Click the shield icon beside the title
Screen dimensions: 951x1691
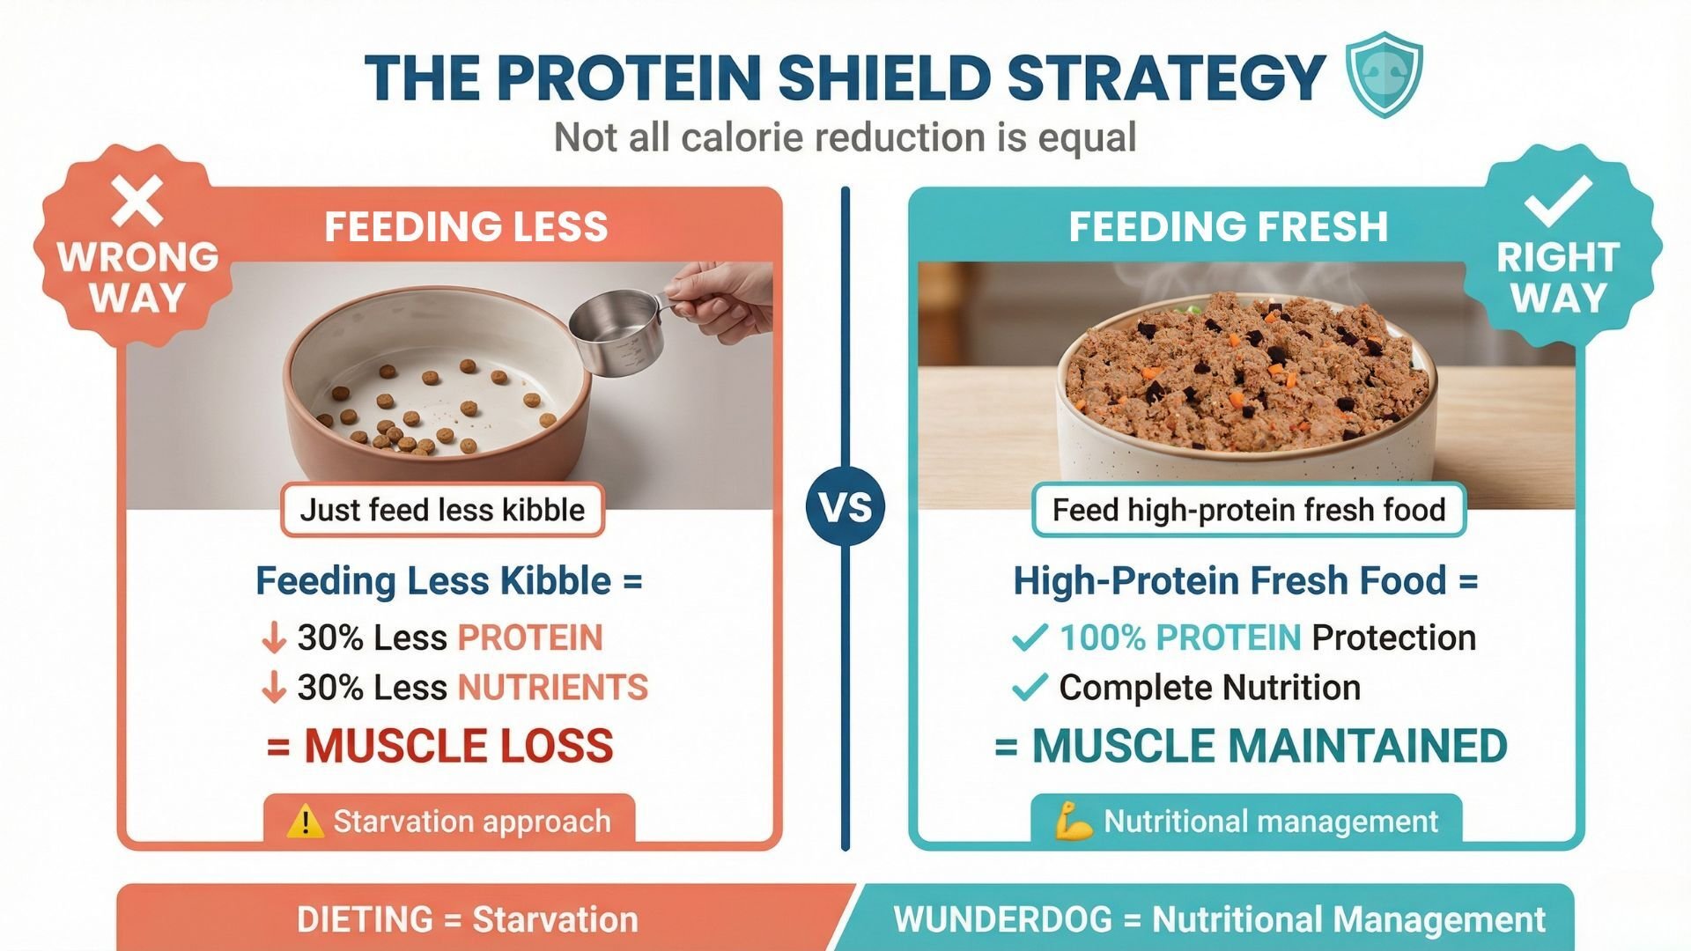click(x=1385, y=75)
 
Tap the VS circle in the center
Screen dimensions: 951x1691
click(x=845, y=507)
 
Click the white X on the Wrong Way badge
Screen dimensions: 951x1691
click(x=137, y=202)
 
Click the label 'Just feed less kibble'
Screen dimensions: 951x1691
click(x=442, y=510)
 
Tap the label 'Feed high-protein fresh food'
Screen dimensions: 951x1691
click(x=1248, y=510)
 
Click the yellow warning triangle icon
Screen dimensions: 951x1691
click(x=305, y=822)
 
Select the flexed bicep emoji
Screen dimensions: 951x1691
click(x=1074, y=822)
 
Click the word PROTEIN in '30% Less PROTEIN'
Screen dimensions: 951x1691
click(x=530, y=638)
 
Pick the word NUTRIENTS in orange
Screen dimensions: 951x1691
click(x=553, y=688)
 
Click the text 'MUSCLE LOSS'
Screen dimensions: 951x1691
click(x=458, y=747)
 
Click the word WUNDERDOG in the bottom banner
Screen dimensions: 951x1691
click(x=1002, y=919)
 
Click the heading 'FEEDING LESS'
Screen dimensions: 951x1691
click(x=466, y=227)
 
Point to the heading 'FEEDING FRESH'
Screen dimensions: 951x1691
click(x=1228, y=227)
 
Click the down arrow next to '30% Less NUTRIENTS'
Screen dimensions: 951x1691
click(x=274, y=688)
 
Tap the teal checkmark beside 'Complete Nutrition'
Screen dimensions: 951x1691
click(x=1030, y=688)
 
